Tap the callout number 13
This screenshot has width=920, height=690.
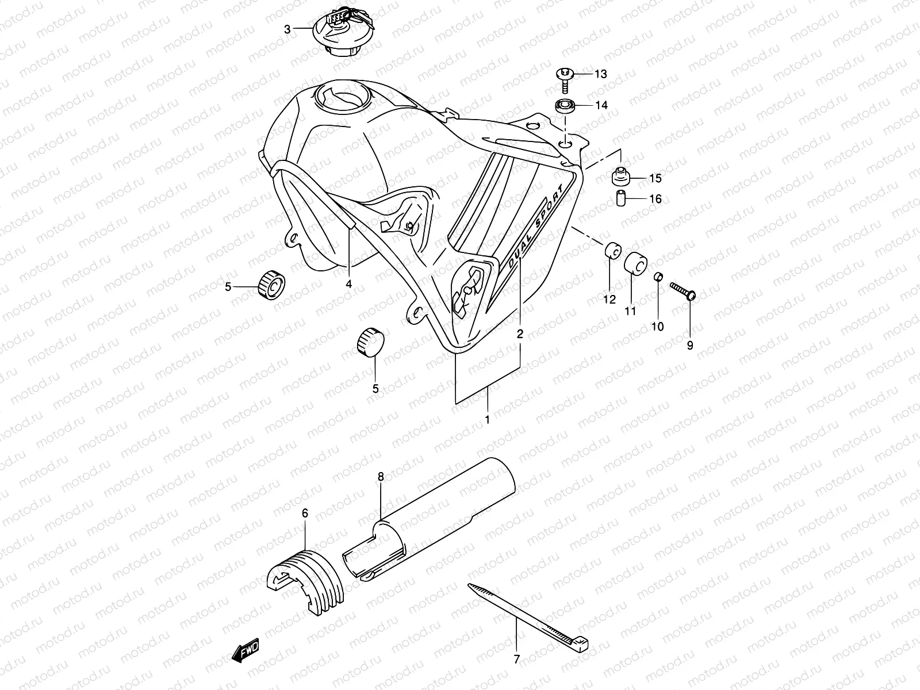click(600, 74)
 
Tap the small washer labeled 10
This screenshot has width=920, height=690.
click(659, 278)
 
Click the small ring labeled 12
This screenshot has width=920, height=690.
click(612, 251)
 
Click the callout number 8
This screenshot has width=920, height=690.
click(380, 476)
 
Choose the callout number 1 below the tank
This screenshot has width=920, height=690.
click(487, 420)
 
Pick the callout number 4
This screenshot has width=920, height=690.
click(348, 284)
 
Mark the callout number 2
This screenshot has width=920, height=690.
click(520, 333)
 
